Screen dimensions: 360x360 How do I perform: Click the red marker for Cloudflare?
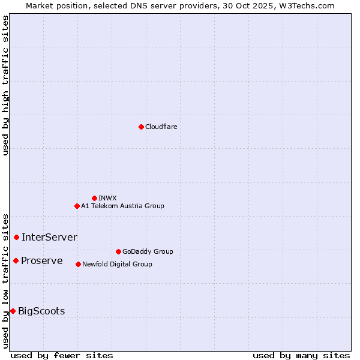(141, 127)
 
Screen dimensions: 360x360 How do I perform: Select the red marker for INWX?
(94, 198)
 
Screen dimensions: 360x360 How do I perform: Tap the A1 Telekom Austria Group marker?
(77, 206)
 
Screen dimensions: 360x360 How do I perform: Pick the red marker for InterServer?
(16, 237)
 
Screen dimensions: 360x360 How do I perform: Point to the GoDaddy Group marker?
(118, 251)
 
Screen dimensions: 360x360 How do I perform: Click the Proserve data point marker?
(16, 260)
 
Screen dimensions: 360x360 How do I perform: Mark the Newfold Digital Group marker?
(78, 264)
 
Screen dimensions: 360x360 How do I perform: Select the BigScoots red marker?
(13, 311)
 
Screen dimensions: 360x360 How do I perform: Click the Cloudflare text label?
(161, 127)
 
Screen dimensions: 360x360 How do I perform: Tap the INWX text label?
(107, 198)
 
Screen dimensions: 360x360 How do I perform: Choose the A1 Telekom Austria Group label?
(122, 206)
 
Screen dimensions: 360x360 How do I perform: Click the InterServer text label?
(49, 237)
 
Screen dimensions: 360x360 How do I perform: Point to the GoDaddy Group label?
(148, 251)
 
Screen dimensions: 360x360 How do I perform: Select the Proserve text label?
(42, 260)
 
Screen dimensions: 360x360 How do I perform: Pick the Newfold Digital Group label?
(117, 264)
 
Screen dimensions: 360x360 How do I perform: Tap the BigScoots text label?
(41, 311)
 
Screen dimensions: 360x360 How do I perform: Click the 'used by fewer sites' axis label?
(62, 355)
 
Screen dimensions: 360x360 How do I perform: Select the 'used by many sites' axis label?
(301, 355)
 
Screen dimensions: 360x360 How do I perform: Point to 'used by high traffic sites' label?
(5, 85)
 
